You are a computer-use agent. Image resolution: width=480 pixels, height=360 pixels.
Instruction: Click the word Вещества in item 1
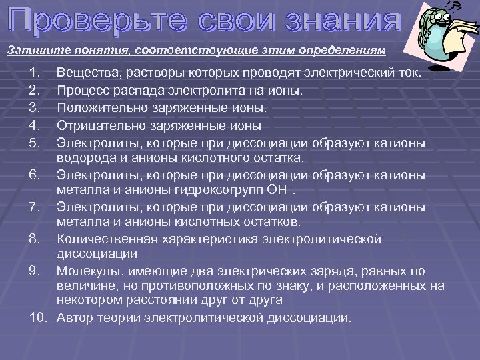(84, 72)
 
